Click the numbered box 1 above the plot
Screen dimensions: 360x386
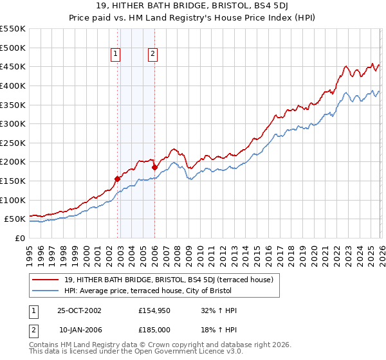[116, 55]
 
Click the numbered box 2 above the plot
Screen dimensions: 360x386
[153, 55]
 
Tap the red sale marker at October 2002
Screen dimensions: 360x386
[118, 179]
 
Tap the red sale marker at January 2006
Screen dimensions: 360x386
[154, 168]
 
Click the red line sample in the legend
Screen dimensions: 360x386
[46, 280]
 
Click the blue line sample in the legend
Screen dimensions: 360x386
[46, 291]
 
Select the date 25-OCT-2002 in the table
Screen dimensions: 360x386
[79, 310]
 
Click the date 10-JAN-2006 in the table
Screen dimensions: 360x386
[79, 330]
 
